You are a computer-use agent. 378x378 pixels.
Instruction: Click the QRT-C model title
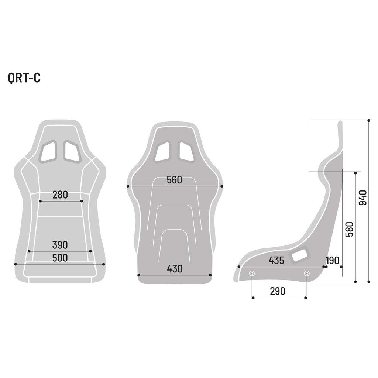[x=24, y=78]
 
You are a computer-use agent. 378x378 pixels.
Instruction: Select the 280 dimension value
[x=60, y=195]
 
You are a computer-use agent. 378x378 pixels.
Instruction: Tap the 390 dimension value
[x=60, y=245]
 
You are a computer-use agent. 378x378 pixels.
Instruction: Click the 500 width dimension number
[x=60, y=258]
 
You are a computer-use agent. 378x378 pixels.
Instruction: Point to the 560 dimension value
[x=174, y=180]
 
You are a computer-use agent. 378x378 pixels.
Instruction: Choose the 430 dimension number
[x=175, y=269]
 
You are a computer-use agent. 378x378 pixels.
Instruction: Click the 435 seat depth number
[x=276, y=261]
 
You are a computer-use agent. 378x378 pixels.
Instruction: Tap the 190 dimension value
[x=333, y=261]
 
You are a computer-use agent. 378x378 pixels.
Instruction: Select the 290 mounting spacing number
[x=278, y=291]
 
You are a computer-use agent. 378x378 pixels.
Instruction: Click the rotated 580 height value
[x=349, y=229]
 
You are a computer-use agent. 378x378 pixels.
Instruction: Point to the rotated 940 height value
[x=363, y=197]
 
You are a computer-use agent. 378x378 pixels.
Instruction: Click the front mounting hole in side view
[x=252, y=273]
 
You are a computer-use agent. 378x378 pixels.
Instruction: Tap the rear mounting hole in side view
[x=307, y=273]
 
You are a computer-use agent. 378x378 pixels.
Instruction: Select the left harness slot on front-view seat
[x=48, y=151]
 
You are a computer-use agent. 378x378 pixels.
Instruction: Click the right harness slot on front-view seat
[x=72, y=151]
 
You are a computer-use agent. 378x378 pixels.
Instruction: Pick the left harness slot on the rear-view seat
[x=162, y=152]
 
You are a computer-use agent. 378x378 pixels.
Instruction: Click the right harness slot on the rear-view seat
[x=186, y=152]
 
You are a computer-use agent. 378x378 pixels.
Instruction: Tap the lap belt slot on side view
[x=299, y=254]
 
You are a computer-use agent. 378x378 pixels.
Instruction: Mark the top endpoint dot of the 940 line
[x=369, y=120]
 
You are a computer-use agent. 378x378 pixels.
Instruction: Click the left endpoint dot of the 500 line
[x=16, y=264]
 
